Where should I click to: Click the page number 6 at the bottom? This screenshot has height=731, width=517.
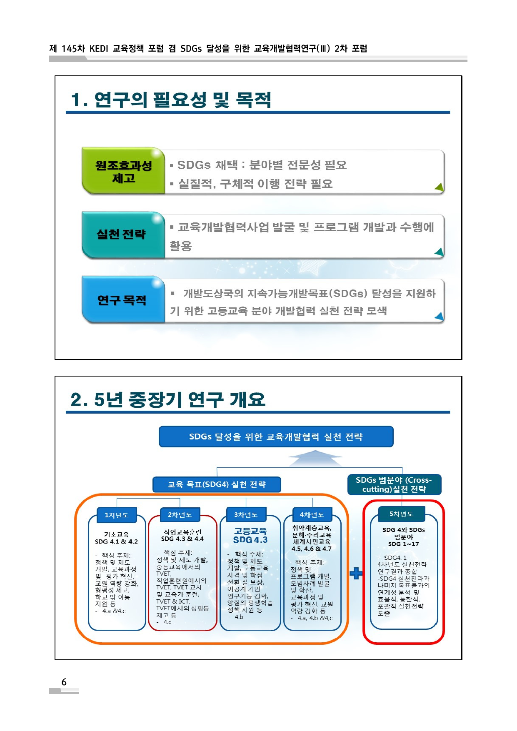tap(64, 682)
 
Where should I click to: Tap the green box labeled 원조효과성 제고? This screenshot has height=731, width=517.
tap(123, 171)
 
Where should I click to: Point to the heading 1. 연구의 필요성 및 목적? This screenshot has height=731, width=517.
tap(171, 100)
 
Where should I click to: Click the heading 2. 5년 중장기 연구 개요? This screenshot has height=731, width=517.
tap(168, 399)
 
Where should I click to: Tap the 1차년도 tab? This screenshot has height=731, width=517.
tap(117, 515)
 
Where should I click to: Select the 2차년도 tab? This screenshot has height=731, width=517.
tap(180, 515)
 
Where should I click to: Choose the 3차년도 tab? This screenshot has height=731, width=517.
tap(246, 515)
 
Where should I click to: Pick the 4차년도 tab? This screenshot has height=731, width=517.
tap(312, 515)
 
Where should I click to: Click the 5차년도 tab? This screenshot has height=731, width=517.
tap(401, 514)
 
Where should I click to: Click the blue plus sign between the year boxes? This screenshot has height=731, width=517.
tap(356, 573)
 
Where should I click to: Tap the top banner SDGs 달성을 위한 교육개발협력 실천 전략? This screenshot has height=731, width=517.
tap(276, 437)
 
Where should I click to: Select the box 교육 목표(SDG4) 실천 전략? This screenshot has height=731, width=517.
tap(217, 484)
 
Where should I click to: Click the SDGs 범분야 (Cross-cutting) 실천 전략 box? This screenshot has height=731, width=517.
tap(394, 484)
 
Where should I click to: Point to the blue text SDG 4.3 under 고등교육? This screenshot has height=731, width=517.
tap(250, 540)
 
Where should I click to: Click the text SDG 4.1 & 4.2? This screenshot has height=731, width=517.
tap(116, 541)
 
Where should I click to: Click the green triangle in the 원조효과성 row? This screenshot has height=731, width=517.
tap(439, 187)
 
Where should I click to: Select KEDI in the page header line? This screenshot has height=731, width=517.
tap(99, 49)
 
